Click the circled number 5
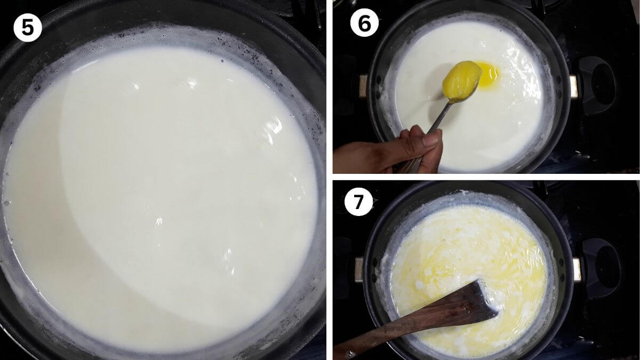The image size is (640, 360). pyautogui.click(x=28, y=27)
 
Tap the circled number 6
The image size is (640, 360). pyautogui.click(x=364, y=22)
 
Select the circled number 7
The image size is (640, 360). pyautogui.click(x=358, y=202)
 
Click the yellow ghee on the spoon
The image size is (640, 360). pyautogui.click(x=461, y=79)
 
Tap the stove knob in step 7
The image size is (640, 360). pyautogui.click(x=602, y=268)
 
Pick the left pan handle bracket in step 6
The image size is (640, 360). pyautogui.click(x=363, y=86)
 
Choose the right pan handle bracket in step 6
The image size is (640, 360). pyautogui.click(x=573, y=86)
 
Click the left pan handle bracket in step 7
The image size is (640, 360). pyautogui.click(x=359, y=270)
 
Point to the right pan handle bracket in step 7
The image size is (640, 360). pyautogui.click(x=577, y=269)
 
